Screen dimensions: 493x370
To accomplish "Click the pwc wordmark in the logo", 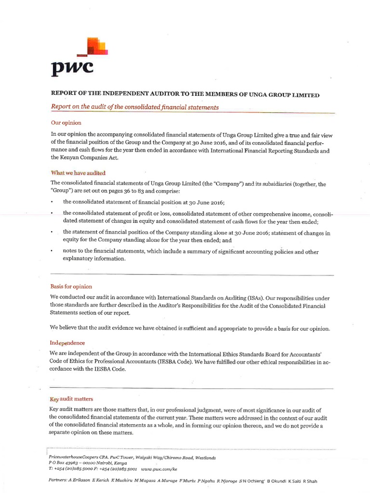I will pyautogui.click(x=72, y=69).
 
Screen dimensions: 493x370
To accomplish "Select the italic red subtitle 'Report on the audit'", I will pyautogui.click(x=135, y=107).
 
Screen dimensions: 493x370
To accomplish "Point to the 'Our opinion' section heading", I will pyautogui.click(x=66, y=123).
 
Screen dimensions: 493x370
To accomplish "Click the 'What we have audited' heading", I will pyautogui.click(x=78, y=172).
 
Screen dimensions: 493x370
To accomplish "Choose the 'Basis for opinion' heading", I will pyautogui.click(x=71, y=286).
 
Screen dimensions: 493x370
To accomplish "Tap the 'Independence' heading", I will pyautogui.click(x=67, y=343).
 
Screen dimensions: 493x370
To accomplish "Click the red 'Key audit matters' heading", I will pyautogui.click(x=72, y=399).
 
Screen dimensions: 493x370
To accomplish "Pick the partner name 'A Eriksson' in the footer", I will pyautogui.click(x=82, y=481).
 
